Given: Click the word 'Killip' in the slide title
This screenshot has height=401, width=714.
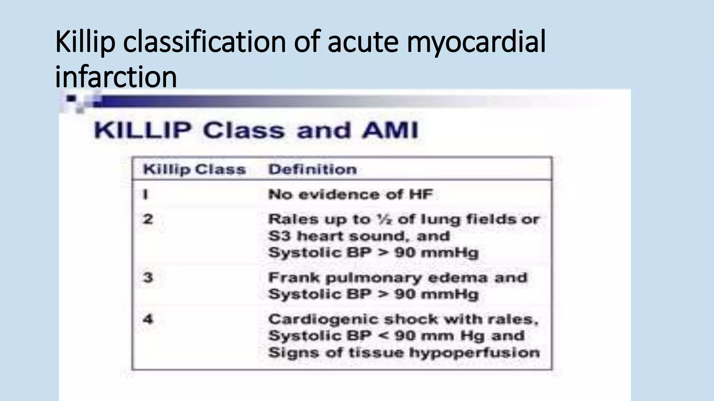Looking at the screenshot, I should pyautogui.click(x=85, y=42).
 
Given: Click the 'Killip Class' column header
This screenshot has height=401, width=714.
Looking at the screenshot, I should pyautogui.click(x=194, y=170).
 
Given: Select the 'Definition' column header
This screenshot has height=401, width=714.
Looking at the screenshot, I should pyautogui.click(x=312, y=170).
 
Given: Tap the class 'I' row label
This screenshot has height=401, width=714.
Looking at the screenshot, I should pyautogui.click(x=145, y=194).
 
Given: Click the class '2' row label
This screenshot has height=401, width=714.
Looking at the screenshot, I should pyautogui.click(x=148, y=219).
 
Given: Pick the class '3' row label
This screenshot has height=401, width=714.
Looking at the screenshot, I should pyautogui.click(x=148, y=278).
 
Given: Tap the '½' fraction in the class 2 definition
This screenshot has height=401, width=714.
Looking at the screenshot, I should pyautogui.click(x=383, y=219).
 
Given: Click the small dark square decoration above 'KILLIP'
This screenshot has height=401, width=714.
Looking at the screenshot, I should pyautogui.click(x=71, y=99).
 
